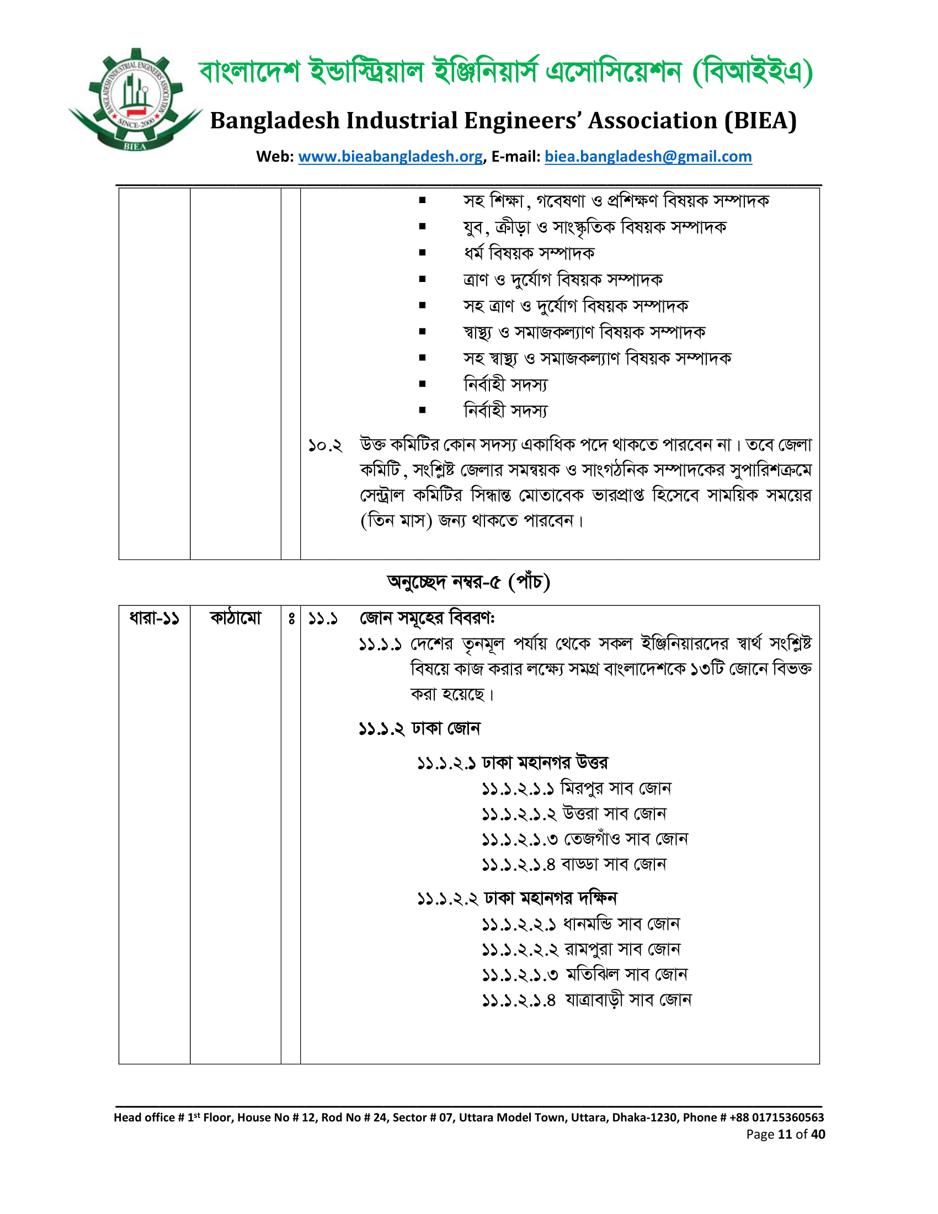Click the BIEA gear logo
tap(135, 100)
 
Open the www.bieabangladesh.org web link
tap(390, 157)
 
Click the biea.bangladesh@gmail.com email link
tap(648, 157)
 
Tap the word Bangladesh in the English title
tap(275, 121)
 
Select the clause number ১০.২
tap(325, 445)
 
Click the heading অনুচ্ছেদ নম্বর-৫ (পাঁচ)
tap(468, 582)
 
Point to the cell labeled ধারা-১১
tap(154, 618)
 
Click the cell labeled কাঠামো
tap(235, 618)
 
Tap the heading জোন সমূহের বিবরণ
tap(427, 618)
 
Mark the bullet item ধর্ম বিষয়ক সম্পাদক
tap(529, 253)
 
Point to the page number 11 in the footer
tap(785, 1135)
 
